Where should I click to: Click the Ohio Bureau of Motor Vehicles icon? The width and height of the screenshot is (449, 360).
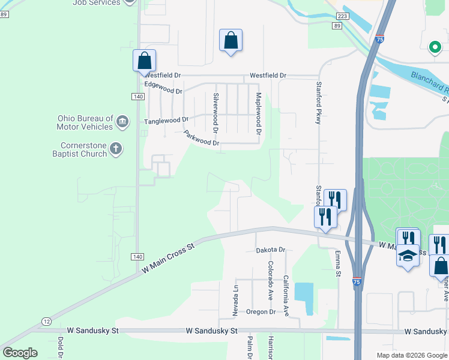coord(122,122)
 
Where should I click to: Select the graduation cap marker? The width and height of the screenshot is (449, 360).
coord(408,256)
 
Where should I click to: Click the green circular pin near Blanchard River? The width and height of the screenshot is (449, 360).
coord(434,47)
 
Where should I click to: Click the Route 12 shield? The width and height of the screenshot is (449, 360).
coord(46,322)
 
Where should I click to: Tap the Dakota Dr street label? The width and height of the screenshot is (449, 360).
coord(270,250)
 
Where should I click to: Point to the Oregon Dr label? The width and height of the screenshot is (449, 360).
coord(261,312)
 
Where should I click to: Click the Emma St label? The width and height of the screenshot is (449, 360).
coord(338,264)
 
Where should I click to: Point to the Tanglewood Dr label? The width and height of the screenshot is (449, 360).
coord(166,121)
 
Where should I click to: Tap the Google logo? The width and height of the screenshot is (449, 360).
coord(20,353)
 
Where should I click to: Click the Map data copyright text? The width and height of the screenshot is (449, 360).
coord(411,355)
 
